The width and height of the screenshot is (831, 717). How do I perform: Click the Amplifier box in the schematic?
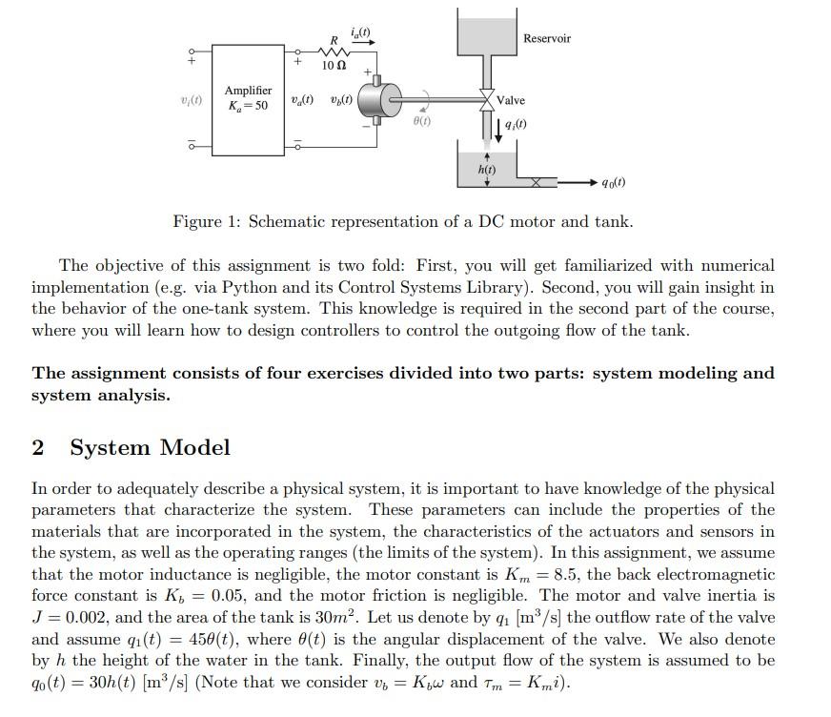point(248,98)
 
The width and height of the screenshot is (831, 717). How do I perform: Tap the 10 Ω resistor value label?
point(334,66)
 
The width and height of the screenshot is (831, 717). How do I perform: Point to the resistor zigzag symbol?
point(334,51)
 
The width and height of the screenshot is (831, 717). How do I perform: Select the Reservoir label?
point(547,38)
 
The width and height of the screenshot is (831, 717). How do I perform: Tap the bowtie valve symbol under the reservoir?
point(486,99)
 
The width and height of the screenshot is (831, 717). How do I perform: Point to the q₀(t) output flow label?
point(614,182)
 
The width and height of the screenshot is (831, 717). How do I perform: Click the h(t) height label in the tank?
point(486,169)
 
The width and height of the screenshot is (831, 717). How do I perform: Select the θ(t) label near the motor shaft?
point(421,122)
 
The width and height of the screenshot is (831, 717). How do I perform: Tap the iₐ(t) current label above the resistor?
point(361,33)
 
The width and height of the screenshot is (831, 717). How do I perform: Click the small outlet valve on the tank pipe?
point(538,181)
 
